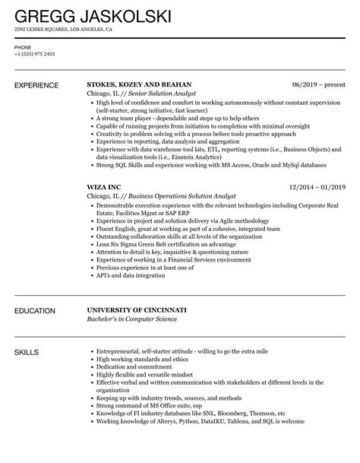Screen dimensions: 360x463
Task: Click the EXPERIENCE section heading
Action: click(x=40, y=85)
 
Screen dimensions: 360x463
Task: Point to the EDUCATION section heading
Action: click(x=39, y=290)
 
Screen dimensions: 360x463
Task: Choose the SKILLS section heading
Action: click(x=28, y=331)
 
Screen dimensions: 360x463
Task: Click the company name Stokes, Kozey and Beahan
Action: click(x=139, y=84)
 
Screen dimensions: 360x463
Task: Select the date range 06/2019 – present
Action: click(x=318, y=84)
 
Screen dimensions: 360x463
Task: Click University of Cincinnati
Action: click(x=147, y=289)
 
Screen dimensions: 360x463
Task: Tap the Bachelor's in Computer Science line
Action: click(x=133, y=299)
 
